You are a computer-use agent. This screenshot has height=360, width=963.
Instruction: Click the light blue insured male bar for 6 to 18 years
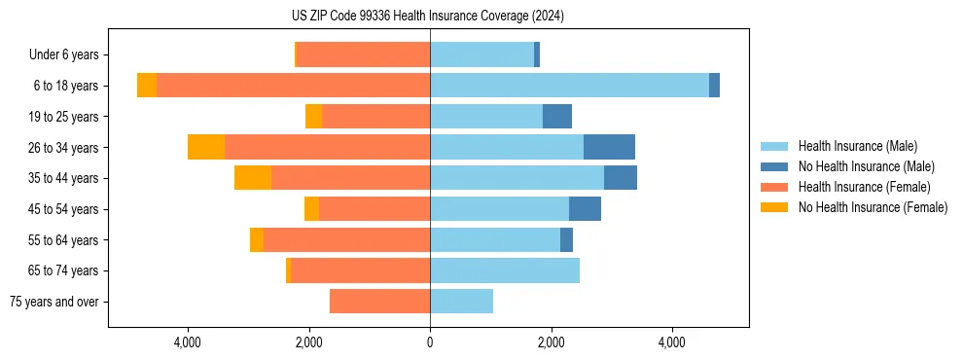[569, 86]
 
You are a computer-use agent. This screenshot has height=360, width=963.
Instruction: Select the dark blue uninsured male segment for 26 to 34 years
[609, 147]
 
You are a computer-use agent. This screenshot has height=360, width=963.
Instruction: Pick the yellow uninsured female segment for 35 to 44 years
[253, 178]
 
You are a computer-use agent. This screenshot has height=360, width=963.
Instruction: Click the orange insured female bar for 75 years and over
[379, 302]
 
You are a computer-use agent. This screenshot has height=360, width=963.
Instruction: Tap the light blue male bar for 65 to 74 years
[505, 270]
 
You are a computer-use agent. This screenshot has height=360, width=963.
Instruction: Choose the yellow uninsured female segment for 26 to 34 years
[206, 147]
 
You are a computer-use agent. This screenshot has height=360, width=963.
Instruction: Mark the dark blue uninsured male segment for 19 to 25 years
[557, 117]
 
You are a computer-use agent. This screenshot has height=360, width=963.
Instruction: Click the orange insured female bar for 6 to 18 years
[293, 86]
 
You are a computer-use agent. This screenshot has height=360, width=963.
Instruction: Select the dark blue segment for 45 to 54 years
[585, 209]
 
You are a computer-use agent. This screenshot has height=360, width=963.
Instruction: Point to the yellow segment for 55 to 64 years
[257, 239]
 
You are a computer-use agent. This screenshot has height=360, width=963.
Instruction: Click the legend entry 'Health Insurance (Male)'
[857, 146]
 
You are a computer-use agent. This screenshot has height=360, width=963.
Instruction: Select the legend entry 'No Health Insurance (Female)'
[872, 207]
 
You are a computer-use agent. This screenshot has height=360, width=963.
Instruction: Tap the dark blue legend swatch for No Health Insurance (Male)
[774, 166]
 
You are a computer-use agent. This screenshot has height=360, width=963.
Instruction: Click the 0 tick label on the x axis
[430, 342]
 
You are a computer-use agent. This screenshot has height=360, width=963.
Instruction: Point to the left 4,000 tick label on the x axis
[187, 342]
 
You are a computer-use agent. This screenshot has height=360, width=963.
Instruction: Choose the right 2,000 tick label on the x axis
[551, 342]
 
